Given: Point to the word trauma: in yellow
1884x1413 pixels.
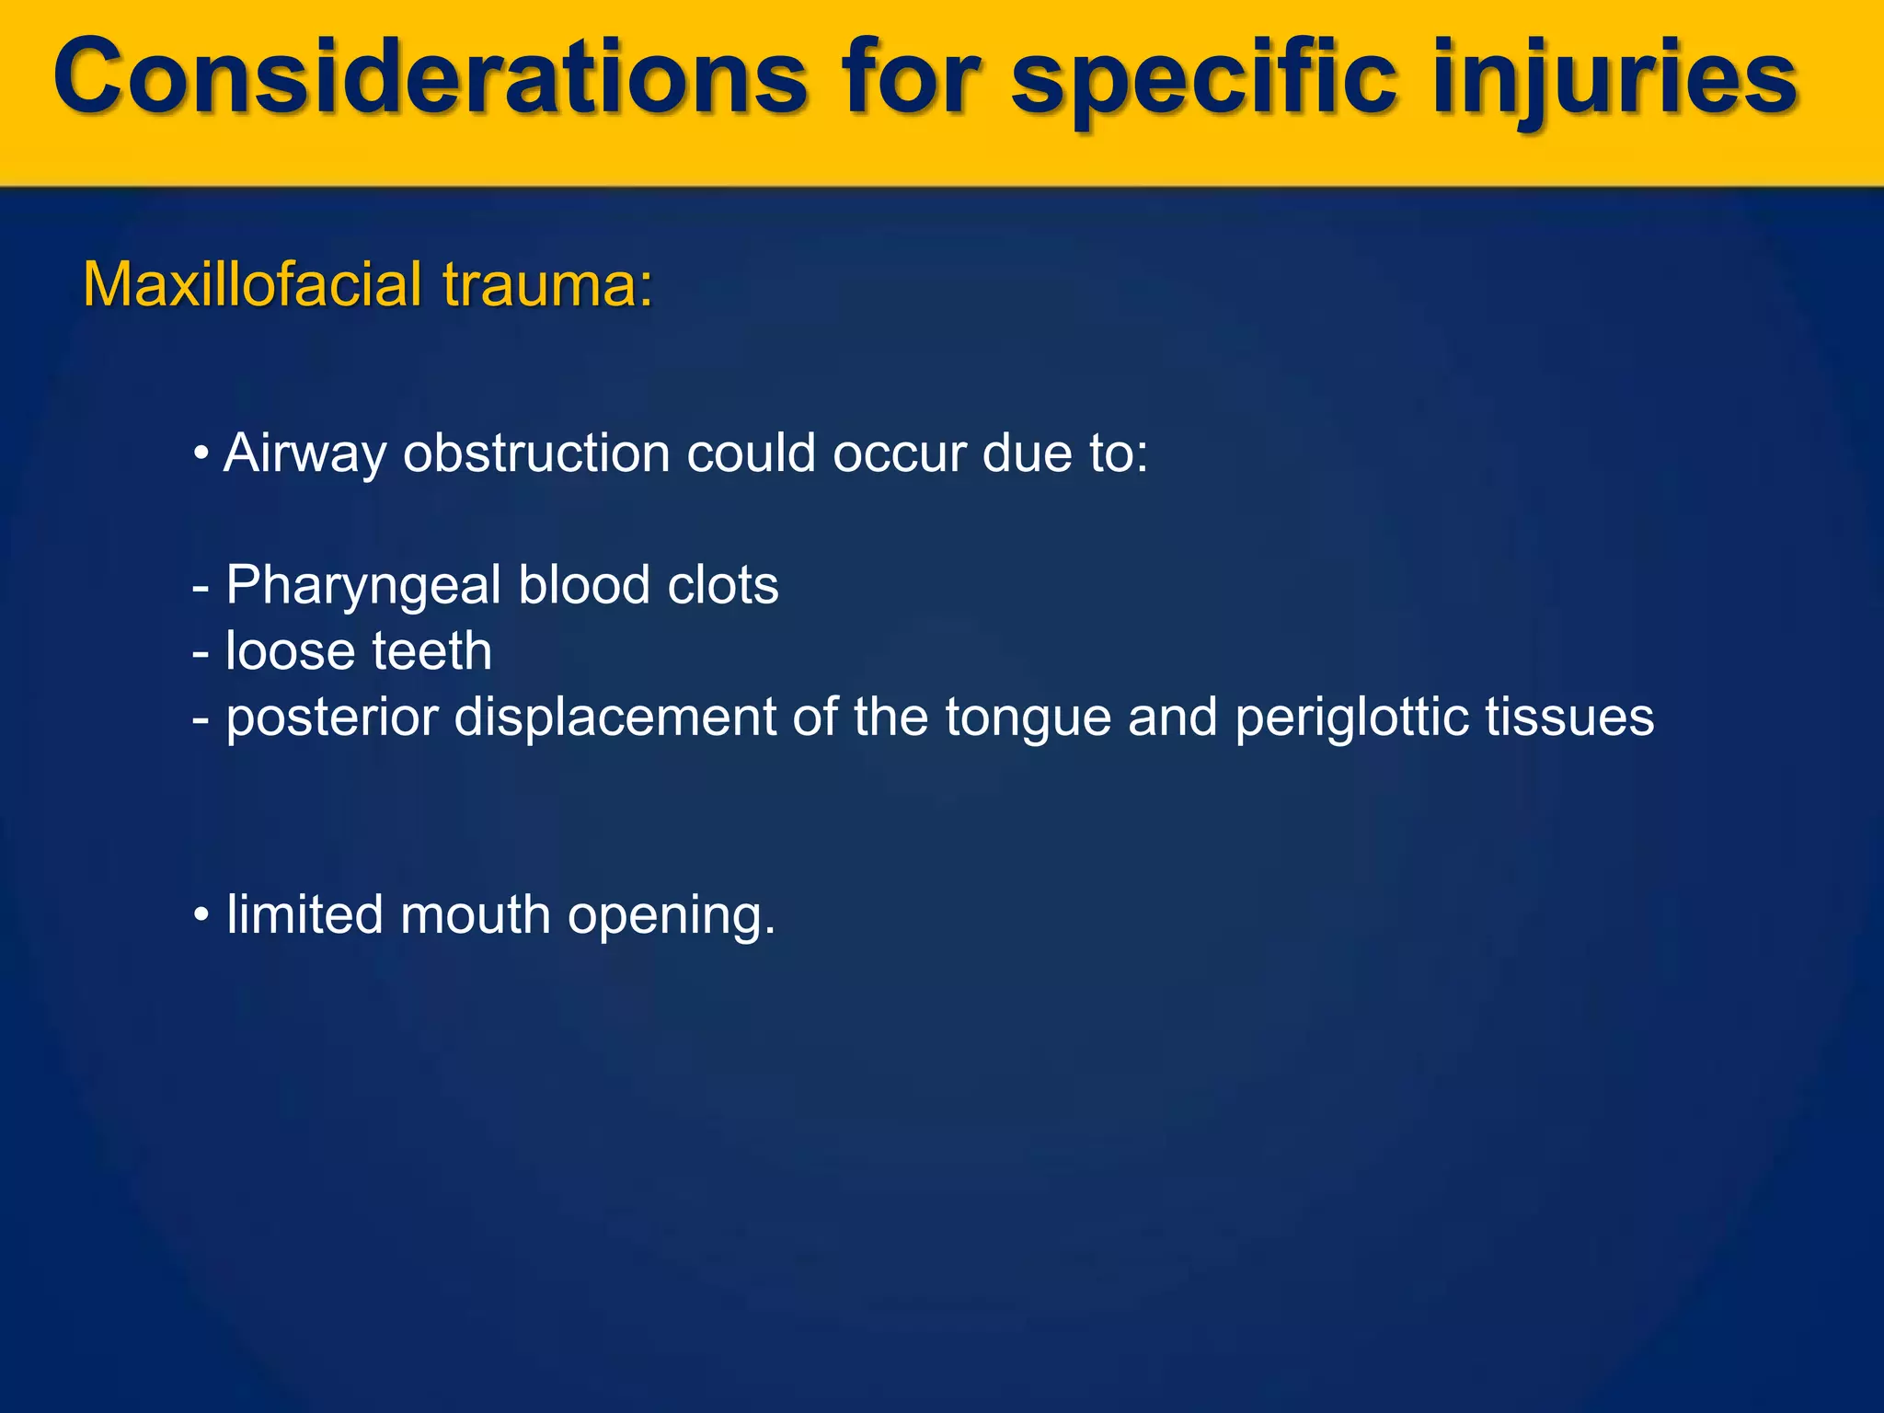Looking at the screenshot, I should pyautogui.click(x=547, y=284).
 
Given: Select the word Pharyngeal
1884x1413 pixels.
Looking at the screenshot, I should pyautogui.click(x=363, y=586).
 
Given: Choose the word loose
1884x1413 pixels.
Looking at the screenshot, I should pyautogui.click(x=290, y=651).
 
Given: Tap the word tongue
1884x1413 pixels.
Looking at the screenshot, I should pyautogui.click(x=1028, y=718).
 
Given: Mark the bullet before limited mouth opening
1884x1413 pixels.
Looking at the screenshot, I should pyautogui.click(x=201, y=916).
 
